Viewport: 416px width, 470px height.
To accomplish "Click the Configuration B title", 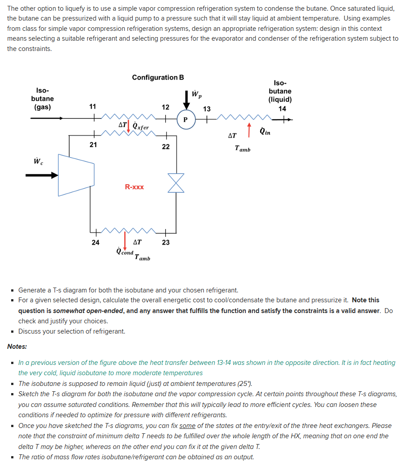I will [x=158, y=77].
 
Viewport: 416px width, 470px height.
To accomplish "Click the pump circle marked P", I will [x=185, y=120].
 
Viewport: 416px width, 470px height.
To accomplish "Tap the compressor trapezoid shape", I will [x=76, y=175].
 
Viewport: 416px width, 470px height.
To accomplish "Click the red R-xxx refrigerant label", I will [x=134, y=187].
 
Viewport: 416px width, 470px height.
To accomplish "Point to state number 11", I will [x=92, y=106].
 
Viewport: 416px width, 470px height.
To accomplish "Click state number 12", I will [x=165, y=107].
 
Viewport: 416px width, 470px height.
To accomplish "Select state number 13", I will [x=206, y=109].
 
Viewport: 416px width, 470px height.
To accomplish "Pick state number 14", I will [x=282, y=108].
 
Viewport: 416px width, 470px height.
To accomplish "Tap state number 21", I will [x=92, y=144].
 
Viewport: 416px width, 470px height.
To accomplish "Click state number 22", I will [x=165, y=147].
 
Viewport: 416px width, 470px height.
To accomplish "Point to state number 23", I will [x=165, y=242].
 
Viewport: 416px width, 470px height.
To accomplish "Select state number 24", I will [x=95, y=242].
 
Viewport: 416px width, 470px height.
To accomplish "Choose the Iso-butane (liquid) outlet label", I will [x=280, y=91].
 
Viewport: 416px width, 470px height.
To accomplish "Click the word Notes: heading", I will [x=17, y=346].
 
